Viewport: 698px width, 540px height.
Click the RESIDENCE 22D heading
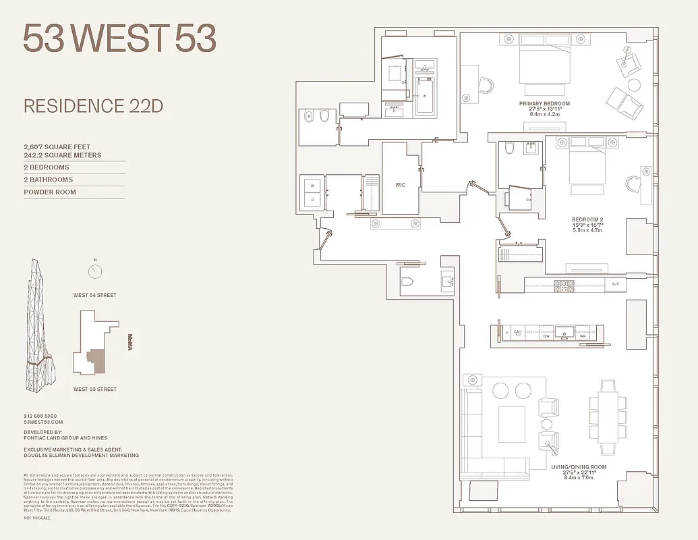point(93,106)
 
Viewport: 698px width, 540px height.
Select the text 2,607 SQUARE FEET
point(57,146)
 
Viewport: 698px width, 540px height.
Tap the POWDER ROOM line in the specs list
point(50,192)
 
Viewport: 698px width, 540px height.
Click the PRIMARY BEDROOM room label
point(544,104)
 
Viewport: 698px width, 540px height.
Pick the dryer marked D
point(312,200)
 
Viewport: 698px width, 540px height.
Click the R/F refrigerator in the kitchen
point(615,285)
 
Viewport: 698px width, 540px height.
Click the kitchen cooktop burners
point(562,285)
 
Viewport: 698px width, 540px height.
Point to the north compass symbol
point(95,271)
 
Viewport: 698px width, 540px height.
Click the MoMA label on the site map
point(131,342)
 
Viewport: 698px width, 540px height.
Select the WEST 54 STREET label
point(95,295)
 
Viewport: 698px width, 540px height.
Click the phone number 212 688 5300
point(40,416)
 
